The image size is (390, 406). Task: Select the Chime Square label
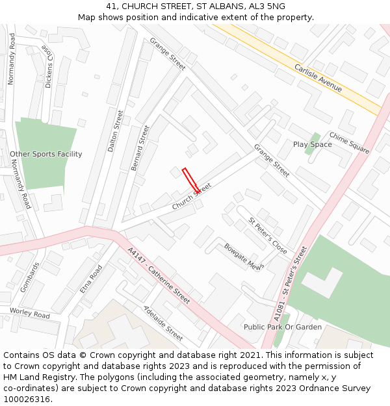(x=349, y=142)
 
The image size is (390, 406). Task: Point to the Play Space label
(x=312, y=144)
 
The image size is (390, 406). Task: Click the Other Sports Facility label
(x=46, y=154)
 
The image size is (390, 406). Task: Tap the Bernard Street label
(x=140, y=148)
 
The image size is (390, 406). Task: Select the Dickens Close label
(x=48, y=66)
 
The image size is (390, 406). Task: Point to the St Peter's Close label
(x=267, y=236)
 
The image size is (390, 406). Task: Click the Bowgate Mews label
(x=243, y=256)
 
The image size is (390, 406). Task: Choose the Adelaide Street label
(x=162, y=323)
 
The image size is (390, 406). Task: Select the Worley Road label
(x=29, y=315)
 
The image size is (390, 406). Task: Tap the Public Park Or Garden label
(x=282, y=327)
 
